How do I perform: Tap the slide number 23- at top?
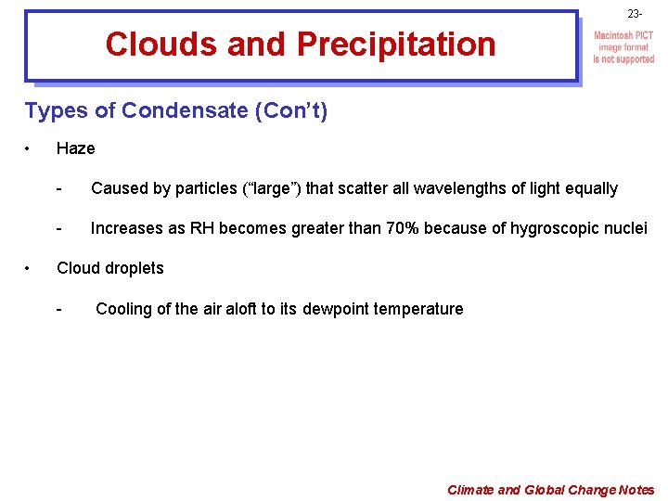[635, 14]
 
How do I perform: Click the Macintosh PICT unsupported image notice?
[623, 47]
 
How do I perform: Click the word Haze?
[75, 148]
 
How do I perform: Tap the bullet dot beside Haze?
[31, 148]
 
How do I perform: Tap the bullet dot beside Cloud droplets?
[31, 268]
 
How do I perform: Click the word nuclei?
[625, 229]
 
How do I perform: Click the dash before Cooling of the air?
[59, 309]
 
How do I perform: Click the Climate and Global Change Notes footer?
[550, 490]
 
